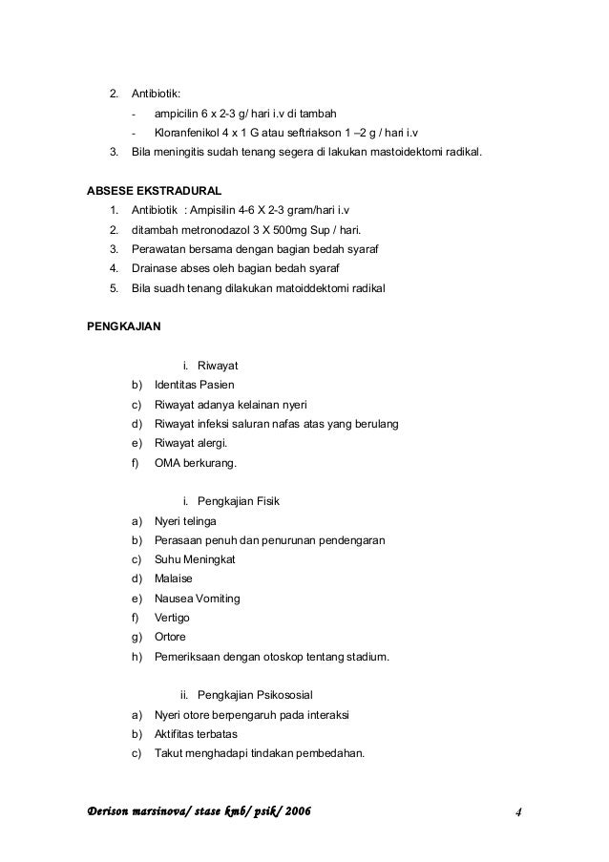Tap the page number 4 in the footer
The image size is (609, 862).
tap(517, 812)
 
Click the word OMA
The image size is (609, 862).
tap(167, 463)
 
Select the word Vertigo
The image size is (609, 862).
tap(173, 618)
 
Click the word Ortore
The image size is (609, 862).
tap(171, 638)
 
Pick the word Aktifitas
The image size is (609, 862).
tap(177, 735)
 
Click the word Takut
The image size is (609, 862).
tap(168, 754)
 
